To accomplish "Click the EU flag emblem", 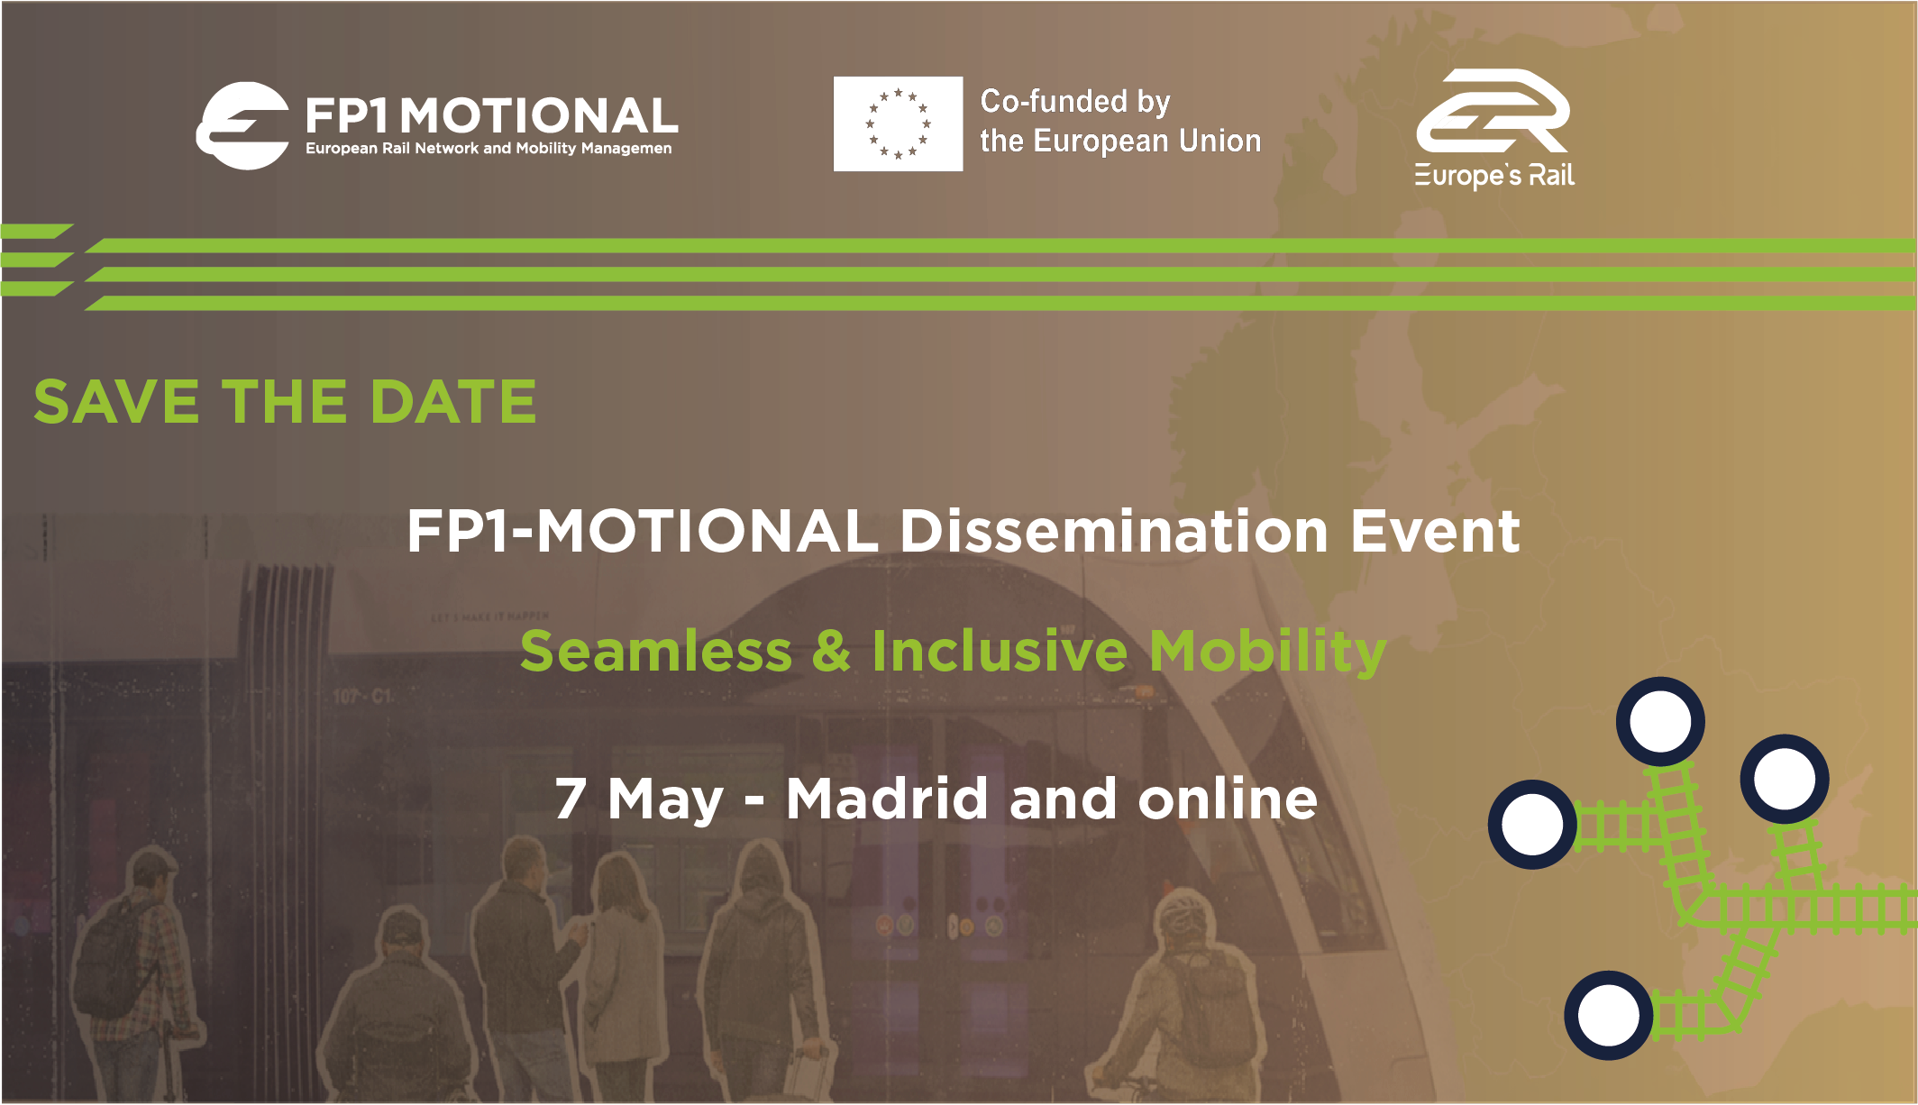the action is tap(898, 123).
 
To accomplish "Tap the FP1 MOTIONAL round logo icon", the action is tap(242, 125).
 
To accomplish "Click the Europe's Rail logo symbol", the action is tap(1493, 112).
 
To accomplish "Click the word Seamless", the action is tap(656, 651).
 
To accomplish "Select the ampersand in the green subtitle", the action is tap(831, 651).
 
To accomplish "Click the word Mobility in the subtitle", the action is tap(1267, 653).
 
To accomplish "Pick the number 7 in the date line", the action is tap(571, 799).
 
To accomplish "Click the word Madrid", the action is tap(887, 798).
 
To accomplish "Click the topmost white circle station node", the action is tap(1660, 721).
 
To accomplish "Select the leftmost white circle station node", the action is tap(1532, 824).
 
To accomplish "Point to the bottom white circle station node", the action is tap(1609, 1015).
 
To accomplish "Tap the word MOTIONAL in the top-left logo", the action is tap(538, 116).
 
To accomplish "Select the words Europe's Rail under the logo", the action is tap(1494, 176).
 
